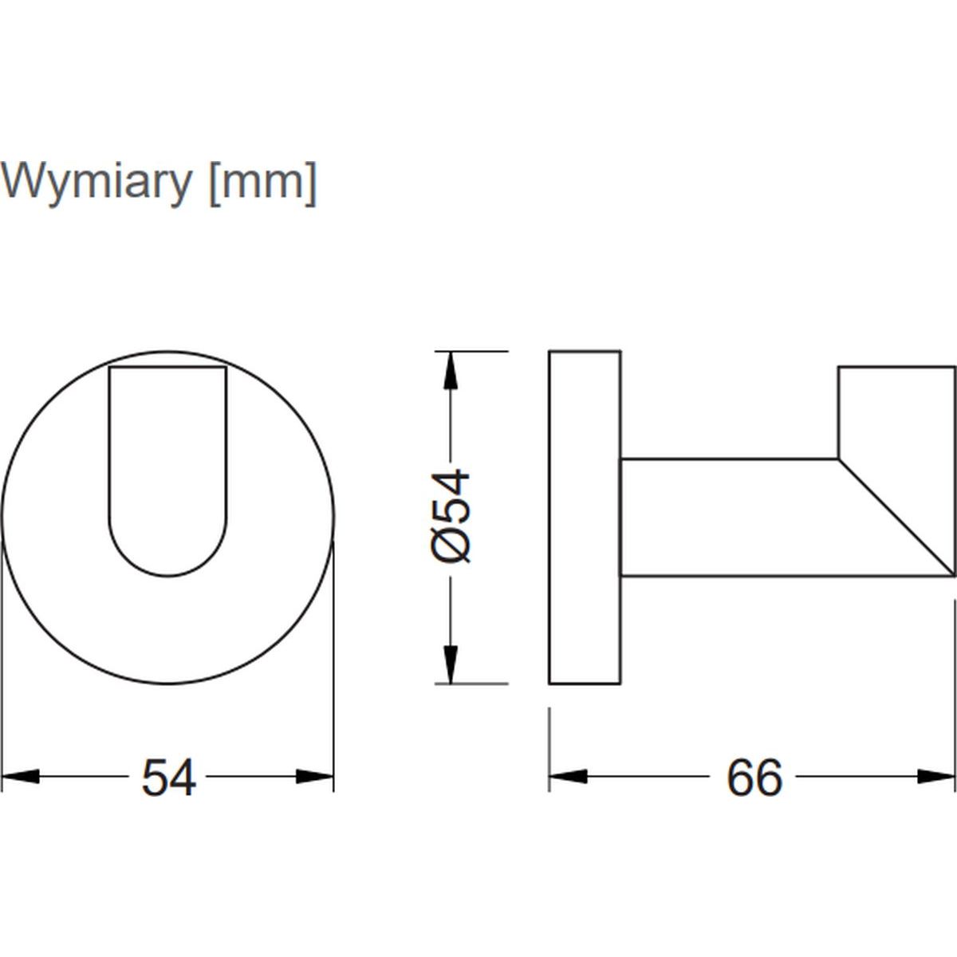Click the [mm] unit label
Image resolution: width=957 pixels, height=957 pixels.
[x=263, y=183]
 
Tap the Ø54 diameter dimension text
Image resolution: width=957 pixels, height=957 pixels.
[x=451, y=516]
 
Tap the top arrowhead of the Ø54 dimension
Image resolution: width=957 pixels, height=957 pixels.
[x=450, y=371]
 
